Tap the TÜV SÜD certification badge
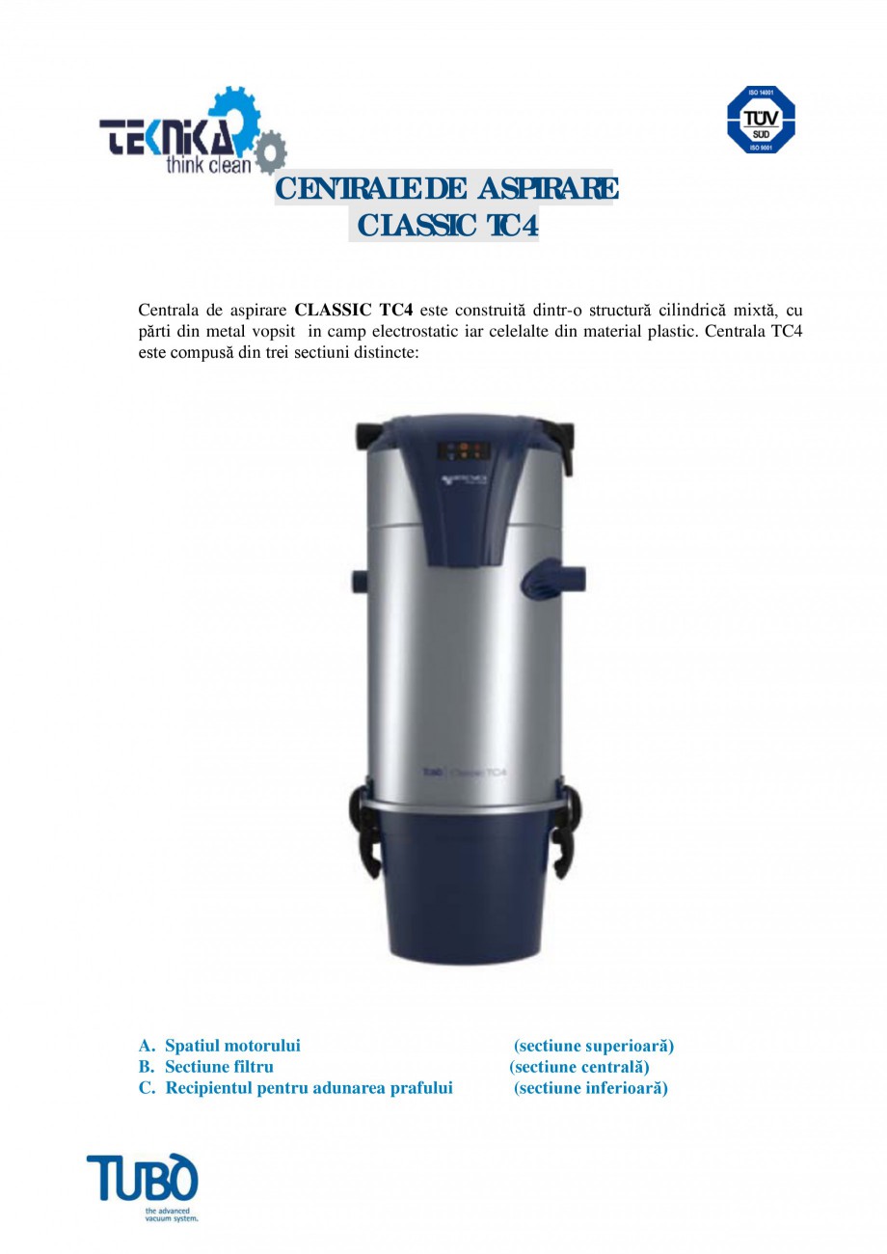coord(761,119)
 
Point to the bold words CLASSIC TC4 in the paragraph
coord(354,311)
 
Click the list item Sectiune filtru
coord(219,1067)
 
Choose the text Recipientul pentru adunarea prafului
coord(309,1088)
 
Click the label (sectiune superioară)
coord(593,1046)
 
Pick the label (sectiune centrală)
coord(578,1067)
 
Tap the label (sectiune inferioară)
coord(590,1088)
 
